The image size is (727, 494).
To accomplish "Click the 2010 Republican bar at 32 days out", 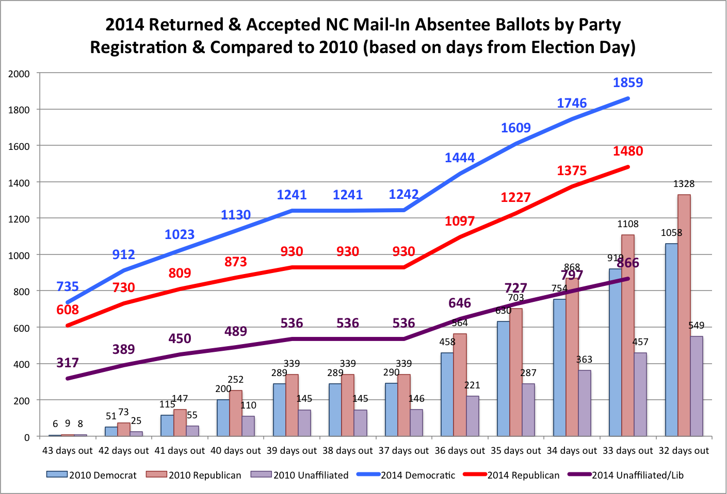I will (x=684, y=315).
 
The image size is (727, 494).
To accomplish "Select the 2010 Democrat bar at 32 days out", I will (x=671, y=340).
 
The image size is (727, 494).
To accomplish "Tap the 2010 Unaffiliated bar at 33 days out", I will (x=640, y=395).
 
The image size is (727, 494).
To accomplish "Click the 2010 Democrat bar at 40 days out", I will (x=223, y=418).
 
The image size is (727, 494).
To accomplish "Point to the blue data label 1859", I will (x=628, y=82).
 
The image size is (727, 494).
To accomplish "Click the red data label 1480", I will (x=628, y=151).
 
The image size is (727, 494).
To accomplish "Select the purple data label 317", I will (x=68, y=363).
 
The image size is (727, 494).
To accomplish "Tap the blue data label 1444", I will (x=460, y=158).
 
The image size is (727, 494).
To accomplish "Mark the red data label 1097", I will (x=460, y=221).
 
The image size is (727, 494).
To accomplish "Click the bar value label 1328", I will (x=684, y=184).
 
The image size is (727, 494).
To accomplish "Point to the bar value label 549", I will (x=696, y=326).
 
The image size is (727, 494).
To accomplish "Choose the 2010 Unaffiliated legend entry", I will (x=300, y=475).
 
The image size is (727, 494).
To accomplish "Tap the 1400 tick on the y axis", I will (x=19, y=182).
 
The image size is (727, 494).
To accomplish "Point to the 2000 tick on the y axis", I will (x=19, y=74).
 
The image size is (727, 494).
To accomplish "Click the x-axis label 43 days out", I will (x=67, y=451).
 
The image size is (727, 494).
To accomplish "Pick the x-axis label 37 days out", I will (x=403, y=451).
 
